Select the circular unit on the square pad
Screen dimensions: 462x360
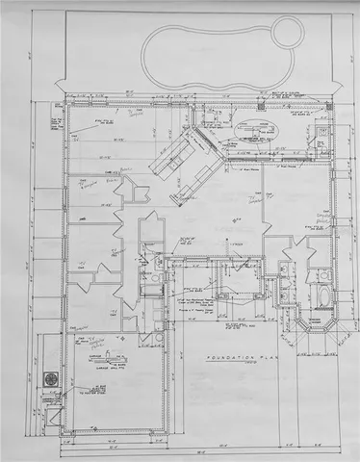click(x=49, y=378)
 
